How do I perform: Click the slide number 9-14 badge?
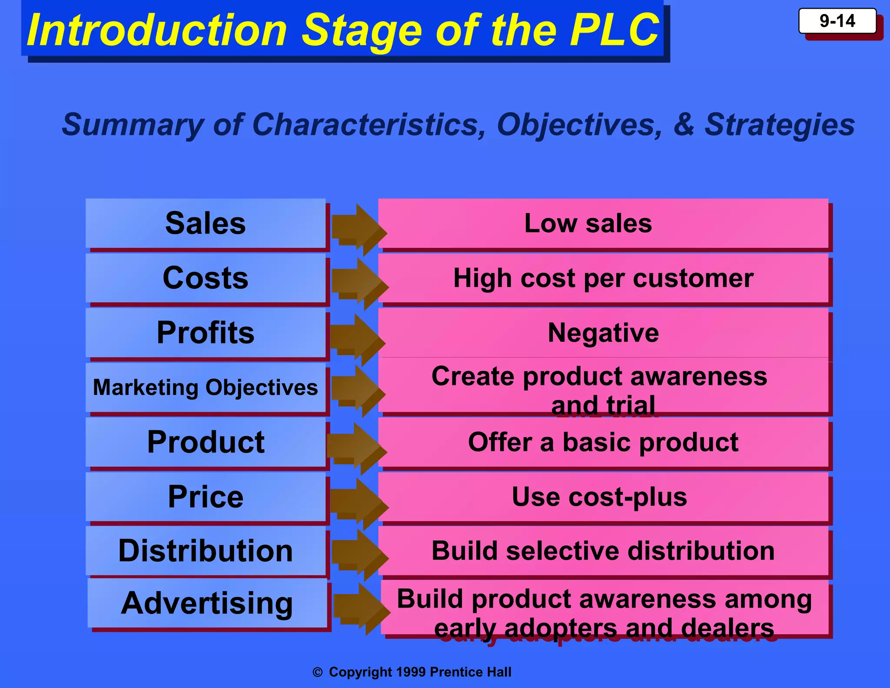click(837, 21)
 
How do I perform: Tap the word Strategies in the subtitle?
click(779, 124)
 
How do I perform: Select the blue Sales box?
click(206, 223)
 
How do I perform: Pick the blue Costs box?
click(206, 278)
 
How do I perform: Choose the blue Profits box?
click(206, 333)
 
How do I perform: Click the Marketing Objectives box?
click(206, 387)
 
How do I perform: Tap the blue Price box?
click(206, 497)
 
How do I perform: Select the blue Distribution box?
click(206, 551)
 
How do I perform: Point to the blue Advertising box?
click(207, 603)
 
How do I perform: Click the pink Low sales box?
click(603, 223)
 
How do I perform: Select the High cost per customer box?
click(603, 278)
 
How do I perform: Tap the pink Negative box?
click(603, 333)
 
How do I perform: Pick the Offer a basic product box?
click(603, 442)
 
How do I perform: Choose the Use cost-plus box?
click(603, 497)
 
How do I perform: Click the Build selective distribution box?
click(603, 551)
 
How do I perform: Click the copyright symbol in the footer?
click(318, 672)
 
